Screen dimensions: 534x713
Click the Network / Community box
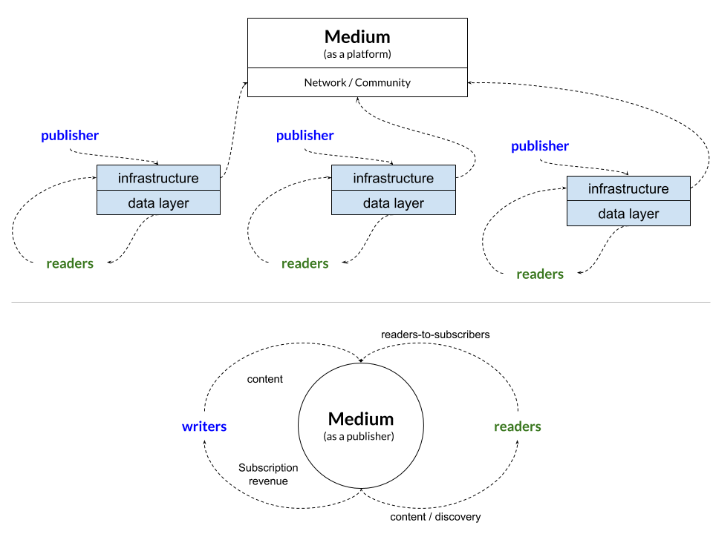pyautogui.click(x=357, y=82)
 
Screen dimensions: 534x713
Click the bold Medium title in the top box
pyautogui.click(x=357, y=36)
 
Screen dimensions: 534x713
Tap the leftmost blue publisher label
pyautogui.click(x=70, y=136)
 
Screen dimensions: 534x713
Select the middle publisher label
pyautogui.click(x=305, y=136)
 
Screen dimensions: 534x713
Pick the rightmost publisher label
pyautogui.click(x=540, y=146)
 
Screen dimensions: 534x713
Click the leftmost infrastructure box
pyautogui.click(x=158, y=178)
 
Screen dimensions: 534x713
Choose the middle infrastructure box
pyautogui.click(x=393, y=178)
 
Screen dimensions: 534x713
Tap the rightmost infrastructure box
pyautogui.click(x=628, y=188)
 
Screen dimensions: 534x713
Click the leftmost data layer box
pyautogui.click(x=158, y=203)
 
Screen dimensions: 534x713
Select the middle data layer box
pyautogui.click(x=393, y=203)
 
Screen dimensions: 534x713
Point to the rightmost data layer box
pyautogui.click(x=628, y=214)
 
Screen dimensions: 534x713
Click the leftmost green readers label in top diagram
pyautogui.click(x=70, y=263)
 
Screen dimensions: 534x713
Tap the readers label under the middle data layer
pyautogui.click(x=305, y=263)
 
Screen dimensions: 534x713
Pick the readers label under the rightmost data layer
pyautogui.click(x=540, y=274)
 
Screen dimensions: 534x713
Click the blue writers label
pyautogui.click(x=204, y=426)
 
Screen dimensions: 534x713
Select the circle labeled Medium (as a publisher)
pyautogui.click(x=361, y=426)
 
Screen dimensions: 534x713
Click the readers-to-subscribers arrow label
pyautogui.click(x=435, y=334)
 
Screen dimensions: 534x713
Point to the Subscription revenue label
pyautogui.click(x=268, y=475)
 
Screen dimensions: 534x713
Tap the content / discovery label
pyautogui.click(x=435, y=517)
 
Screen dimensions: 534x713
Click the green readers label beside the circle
pyautogui.click(x=518, y=426)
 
